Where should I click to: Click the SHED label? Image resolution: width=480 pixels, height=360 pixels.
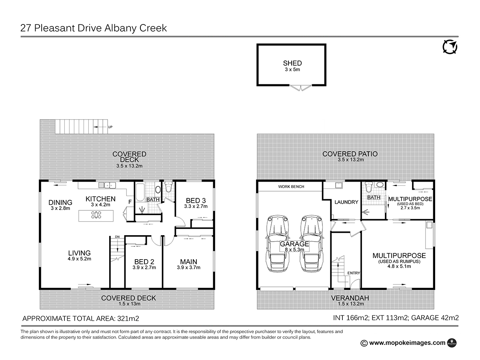pos(292,63)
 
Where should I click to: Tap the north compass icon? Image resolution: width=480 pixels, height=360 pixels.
pos(450,46)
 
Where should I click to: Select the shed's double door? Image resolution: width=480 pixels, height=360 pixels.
pos(301,88)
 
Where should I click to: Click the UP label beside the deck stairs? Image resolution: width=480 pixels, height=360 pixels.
pos(110,127)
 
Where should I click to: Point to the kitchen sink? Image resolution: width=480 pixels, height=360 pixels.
pos(107,185)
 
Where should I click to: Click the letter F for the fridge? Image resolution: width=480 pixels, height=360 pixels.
pos(130,202)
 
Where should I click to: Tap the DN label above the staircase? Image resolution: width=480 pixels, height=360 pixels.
pos(118,237)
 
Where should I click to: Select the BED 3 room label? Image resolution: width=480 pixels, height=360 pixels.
pos(196,200)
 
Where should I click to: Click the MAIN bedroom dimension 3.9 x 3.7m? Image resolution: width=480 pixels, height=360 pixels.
pos(188,267)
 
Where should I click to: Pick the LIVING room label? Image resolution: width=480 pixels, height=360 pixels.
pos(79,253)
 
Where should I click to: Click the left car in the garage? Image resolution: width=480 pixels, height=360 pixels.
pos(277,244)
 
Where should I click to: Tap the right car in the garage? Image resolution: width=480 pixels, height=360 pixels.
pos(311,244)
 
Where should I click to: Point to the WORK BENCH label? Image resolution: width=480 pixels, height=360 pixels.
pos(291,187)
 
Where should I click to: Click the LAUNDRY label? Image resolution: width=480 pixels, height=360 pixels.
pos(346,202)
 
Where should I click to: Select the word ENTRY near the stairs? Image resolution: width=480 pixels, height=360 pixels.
pos(354,273)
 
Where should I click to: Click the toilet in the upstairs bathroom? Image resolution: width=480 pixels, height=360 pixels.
pos(168,187)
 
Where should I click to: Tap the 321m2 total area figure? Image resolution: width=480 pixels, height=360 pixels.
pos(128,318)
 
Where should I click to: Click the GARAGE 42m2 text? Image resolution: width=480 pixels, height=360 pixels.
pos(435,318)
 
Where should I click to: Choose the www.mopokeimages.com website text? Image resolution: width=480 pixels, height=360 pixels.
pos(407,343)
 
